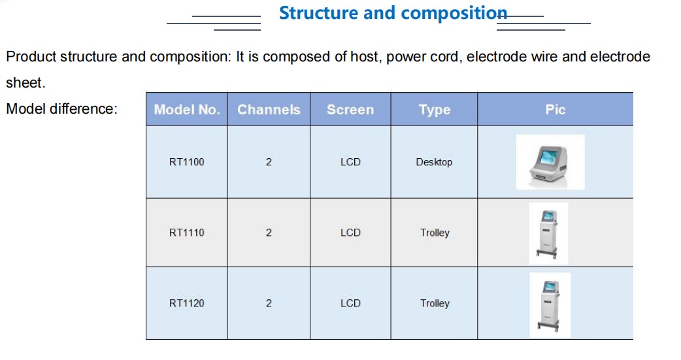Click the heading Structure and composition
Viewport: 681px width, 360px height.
coord(393,13)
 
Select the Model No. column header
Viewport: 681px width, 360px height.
coord(187,109)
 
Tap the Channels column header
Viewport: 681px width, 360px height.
coord(269,109)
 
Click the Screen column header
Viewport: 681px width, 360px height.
coord(350,109)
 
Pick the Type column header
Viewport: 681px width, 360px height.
coord(435,110)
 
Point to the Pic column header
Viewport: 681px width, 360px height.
coord(556,109)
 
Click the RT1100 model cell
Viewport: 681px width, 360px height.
coord(187,162)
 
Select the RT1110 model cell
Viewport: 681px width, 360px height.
coord(187,233)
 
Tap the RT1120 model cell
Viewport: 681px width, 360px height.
coord(187,303)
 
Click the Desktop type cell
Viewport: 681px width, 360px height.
coord(435,163)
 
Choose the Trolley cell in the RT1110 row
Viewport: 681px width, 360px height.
coord(435,233)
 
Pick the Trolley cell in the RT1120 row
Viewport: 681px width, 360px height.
coord(435,304)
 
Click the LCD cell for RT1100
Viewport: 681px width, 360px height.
coord(350,162)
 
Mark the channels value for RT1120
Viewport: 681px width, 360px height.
coord(269,303)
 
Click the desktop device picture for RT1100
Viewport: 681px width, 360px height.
coord(550,162)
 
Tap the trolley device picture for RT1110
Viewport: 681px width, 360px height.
coord(548,233)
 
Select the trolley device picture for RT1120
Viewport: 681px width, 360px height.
coord(550,305)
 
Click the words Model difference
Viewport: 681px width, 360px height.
coord(61,108)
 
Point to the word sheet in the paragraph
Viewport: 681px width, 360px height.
coord(25,82)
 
